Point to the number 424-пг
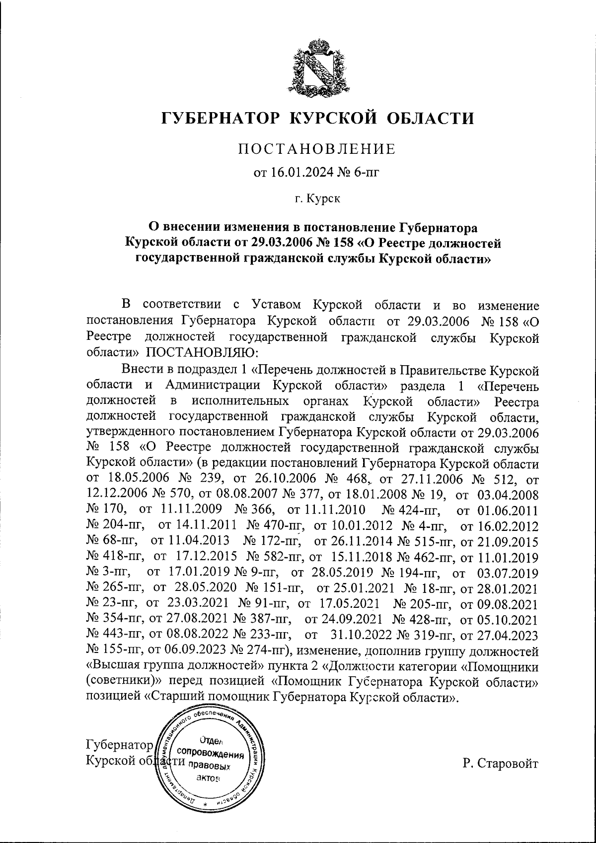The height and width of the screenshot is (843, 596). coord(411,510)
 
